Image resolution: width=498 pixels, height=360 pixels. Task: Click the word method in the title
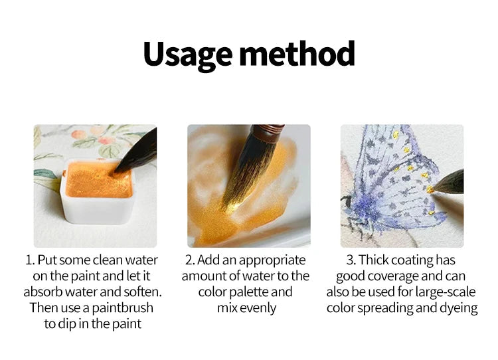(297, 53)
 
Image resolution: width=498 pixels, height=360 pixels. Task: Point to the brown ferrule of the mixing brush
(268, 133)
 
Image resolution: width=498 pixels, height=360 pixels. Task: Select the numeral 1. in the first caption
(30, 260)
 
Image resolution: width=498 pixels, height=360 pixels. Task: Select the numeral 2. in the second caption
(190, 260)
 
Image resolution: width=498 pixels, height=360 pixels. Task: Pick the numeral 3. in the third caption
(351, 260)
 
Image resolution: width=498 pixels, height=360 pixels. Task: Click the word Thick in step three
(374, 260)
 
